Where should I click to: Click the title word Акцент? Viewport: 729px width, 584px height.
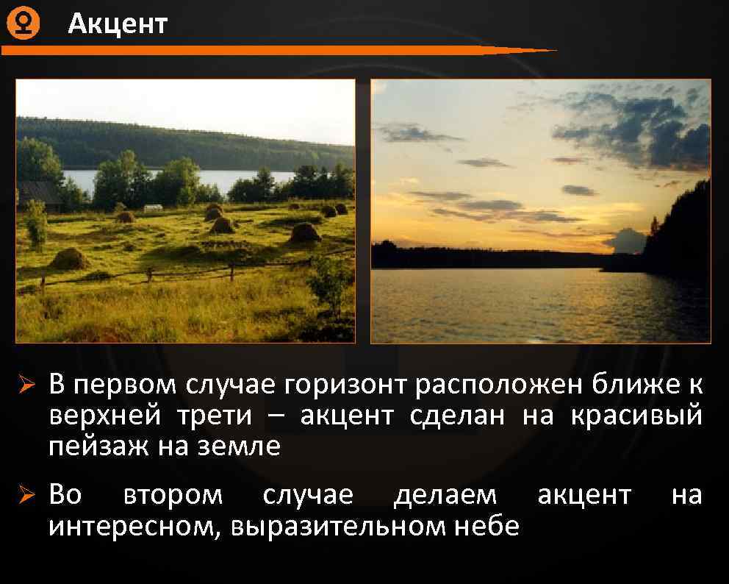[118, 24]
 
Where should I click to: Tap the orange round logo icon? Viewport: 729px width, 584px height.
[23, 24]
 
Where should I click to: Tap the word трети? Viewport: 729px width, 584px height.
[214, 416]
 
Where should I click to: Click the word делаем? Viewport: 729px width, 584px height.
[445, 495]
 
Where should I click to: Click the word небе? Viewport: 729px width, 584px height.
[485, 526]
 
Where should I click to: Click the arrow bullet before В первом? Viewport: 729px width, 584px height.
[27, 385]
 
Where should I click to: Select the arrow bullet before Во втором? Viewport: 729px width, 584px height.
[27, 496]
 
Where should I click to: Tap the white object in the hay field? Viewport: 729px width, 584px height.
[153, 208]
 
